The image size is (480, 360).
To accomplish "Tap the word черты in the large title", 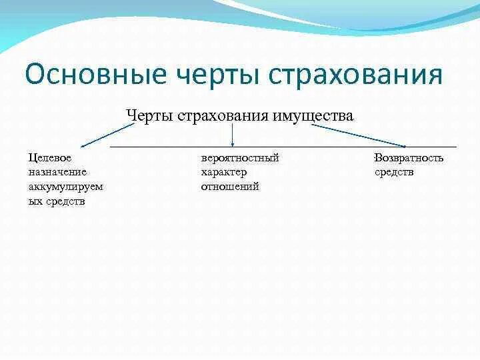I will (x=211, y=75).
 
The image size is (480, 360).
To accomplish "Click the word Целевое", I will (x=49, y=158).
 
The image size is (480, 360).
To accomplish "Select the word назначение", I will (x=57, y=172).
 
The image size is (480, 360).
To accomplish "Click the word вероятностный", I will (x=239, y=158).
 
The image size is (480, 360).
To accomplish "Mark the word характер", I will (x=224, y=172).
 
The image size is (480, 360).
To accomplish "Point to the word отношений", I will (x=229, y=187).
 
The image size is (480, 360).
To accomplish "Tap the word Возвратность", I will (x=409, y=158).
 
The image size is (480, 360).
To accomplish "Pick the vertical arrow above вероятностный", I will (x=232, y=135).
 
